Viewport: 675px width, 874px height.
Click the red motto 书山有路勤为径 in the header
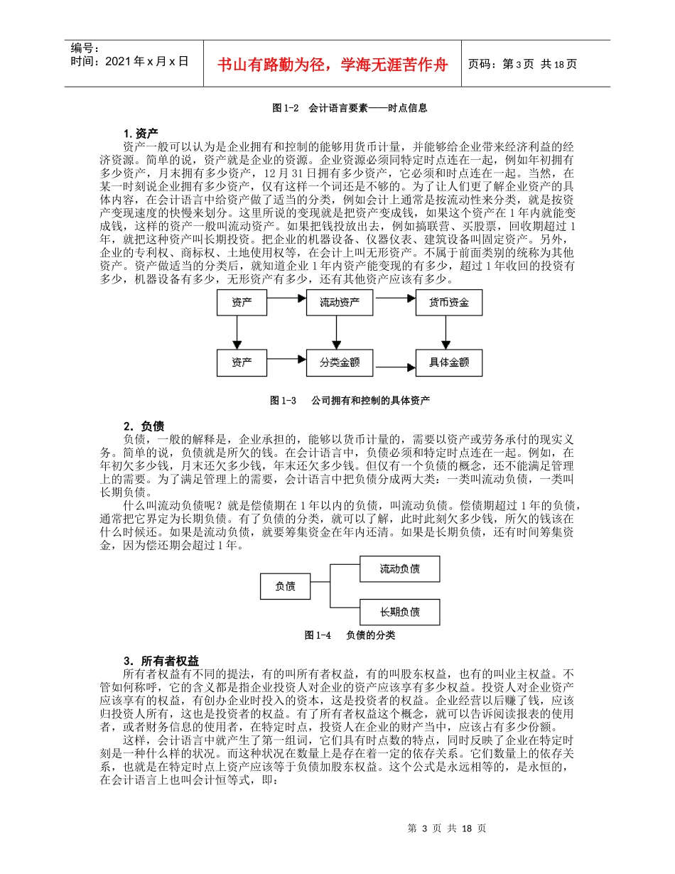click(333, 64)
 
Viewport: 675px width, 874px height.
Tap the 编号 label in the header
click(86, 48)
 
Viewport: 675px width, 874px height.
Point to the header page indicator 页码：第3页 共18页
click(522, 64)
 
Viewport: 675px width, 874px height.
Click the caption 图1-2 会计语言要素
click(350, 109)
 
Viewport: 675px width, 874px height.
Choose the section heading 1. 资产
click(141, 133)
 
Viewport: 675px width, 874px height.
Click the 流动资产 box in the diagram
click(339, 303)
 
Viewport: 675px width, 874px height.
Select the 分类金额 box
click(339, 362)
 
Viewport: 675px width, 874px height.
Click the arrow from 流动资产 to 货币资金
click(394, 302)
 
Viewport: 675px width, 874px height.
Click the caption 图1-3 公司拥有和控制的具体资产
click(350, 401)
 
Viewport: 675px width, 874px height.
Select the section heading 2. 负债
click(144, 426)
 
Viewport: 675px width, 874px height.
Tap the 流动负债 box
click(399, 568)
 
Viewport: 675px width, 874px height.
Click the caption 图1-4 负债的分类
click(350, 635)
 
